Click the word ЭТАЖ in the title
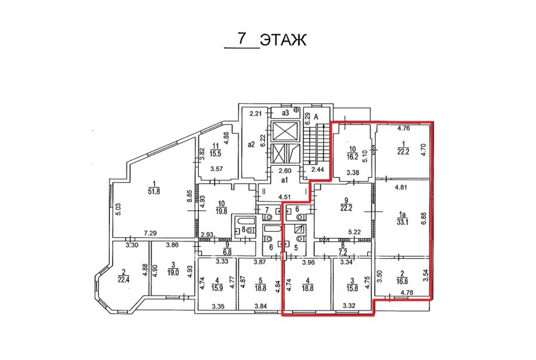(283, 40)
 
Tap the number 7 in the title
(242, 38)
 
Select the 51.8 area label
(154, 192)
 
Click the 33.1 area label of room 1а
(403, 222)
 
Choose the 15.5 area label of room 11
(216, 154)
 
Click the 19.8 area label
(222, 211)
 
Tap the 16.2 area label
(353, 157)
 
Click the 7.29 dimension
(150, 234)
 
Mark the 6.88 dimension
(424, 219)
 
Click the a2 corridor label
(251, 145)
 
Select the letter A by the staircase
(316, 117)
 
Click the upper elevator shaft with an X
(285, 131)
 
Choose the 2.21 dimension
(255, 113)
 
